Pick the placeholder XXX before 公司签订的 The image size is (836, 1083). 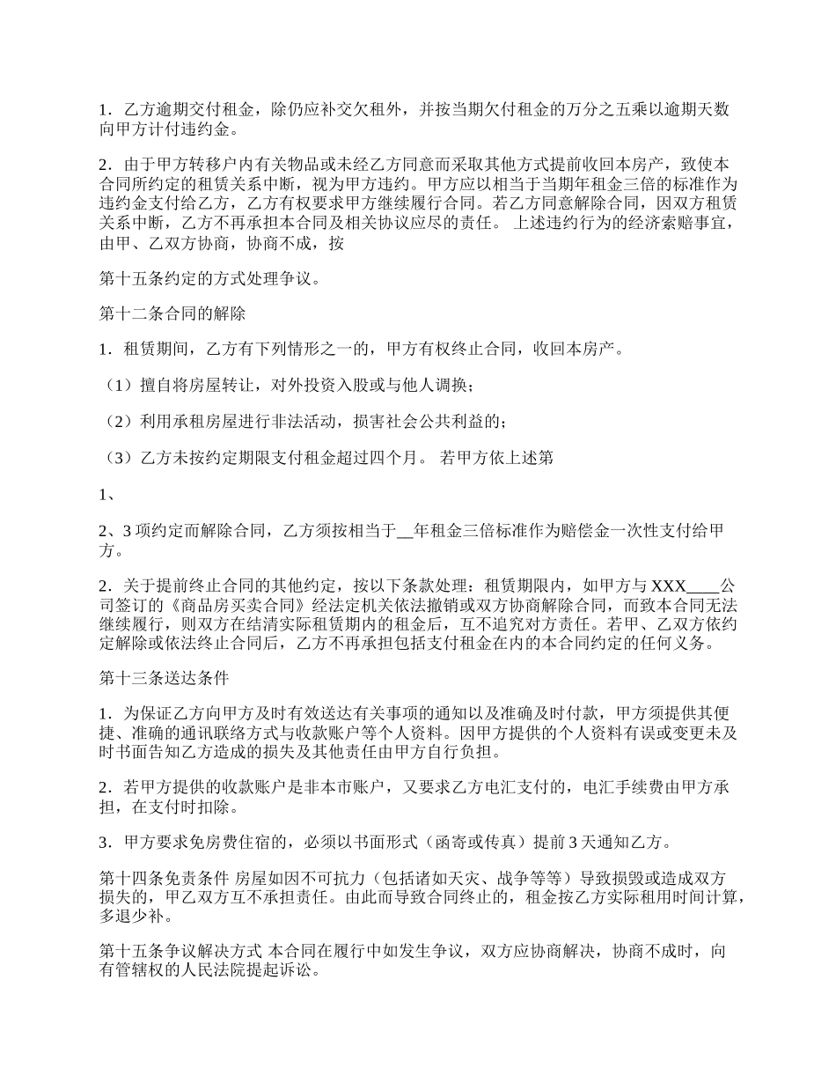[669, 586]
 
